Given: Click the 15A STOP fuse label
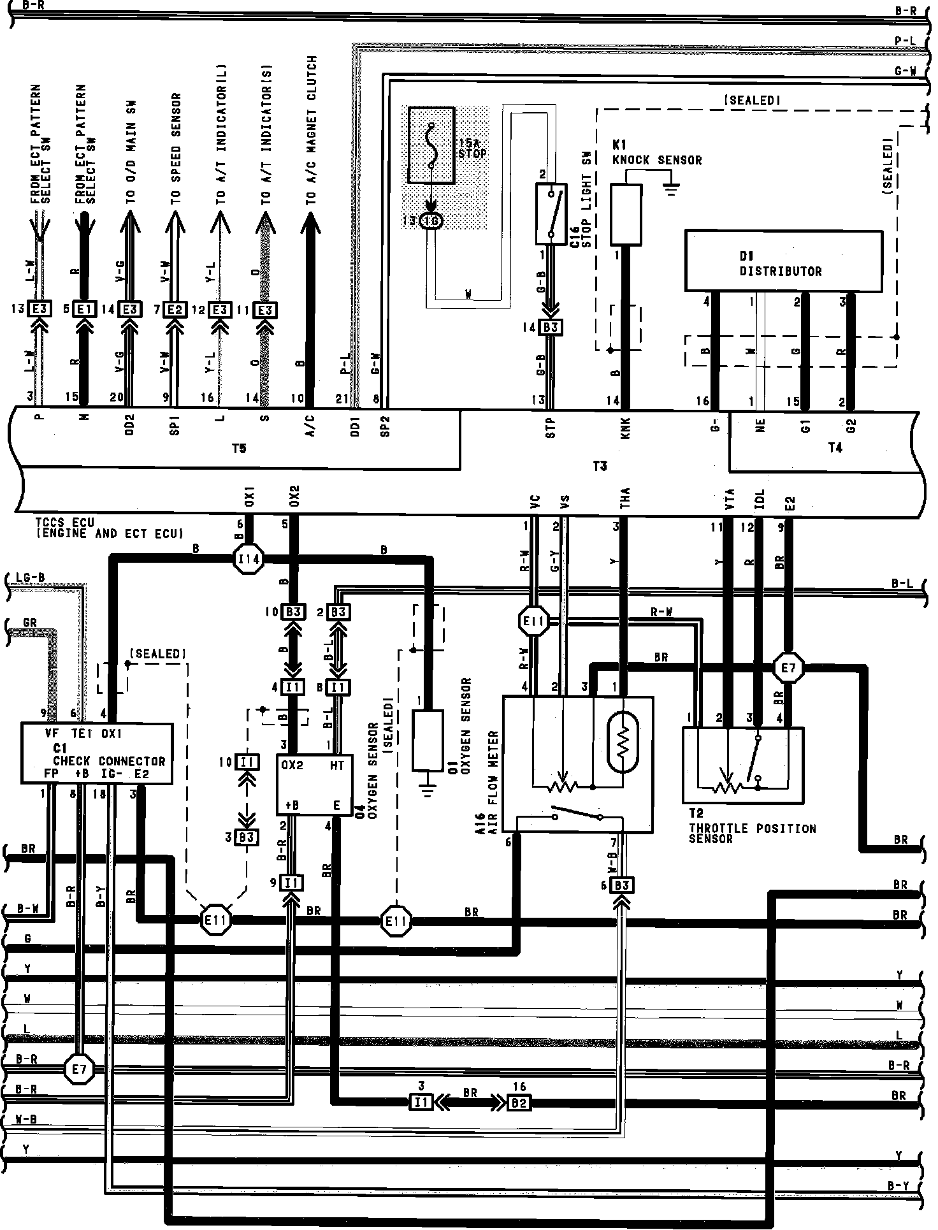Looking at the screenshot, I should pyautogui.click(x=472, y=148).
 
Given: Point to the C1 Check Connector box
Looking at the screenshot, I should pyautogui.click(x=97, y=753).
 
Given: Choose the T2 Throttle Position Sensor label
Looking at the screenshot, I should pyautogui.click(x=751, y=832).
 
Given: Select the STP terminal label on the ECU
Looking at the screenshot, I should pyautogui.click(x=551, y=426).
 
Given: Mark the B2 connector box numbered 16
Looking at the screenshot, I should pyautogui.click(x=518, y=1101).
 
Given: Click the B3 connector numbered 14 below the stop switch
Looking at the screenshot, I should pyautogui.click(x=550, y=328).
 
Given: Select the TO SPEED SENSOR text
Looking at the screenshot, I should pyautogui.click(x=176, y=148).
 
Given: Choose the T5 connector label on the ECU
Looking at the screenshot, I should pyautogui.click(x=238, y=449).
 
